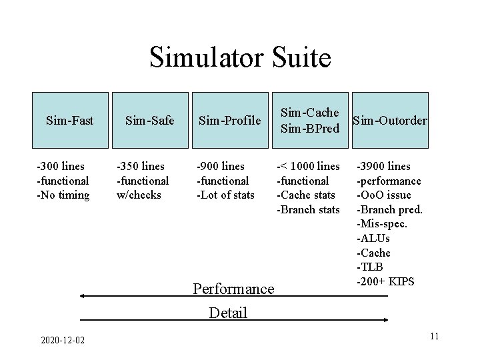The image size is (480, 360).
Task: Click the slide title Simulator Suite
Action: point(240,57)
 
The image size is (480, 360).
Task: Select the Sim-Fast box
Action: point(70,121)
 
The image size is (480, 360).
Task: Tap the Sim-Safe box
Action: point(150,121)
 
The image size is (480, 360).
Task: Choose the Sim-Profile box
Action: point(229,121)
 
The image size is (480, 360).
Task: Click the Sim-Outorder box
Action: point(390,121)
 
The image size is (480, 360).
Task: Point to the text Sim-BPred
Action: point(310,128)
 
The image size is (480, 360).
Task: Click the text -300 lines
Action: point(61,166)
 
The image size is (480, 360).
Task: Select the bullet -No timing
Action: point(63,195)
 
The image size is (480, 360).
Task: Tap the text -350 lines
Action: point(141,166)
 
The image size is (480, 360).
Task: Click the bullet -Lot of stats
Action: point(225,195)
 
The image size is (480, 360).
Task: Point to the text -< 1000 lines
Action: point(308,166)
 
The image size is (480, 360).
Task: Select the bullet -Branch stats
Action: point(308,209)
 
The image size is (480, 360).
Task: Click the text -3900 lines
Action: point(384,166)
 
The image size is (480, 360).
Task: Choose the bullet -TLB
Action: point(371,267)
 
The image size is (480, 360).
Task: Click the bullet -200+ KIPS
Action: point(386,281)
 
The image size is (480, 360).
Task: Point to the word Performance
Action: point(233,289)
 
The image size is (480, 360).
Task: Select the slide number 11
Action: point(434,335)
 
